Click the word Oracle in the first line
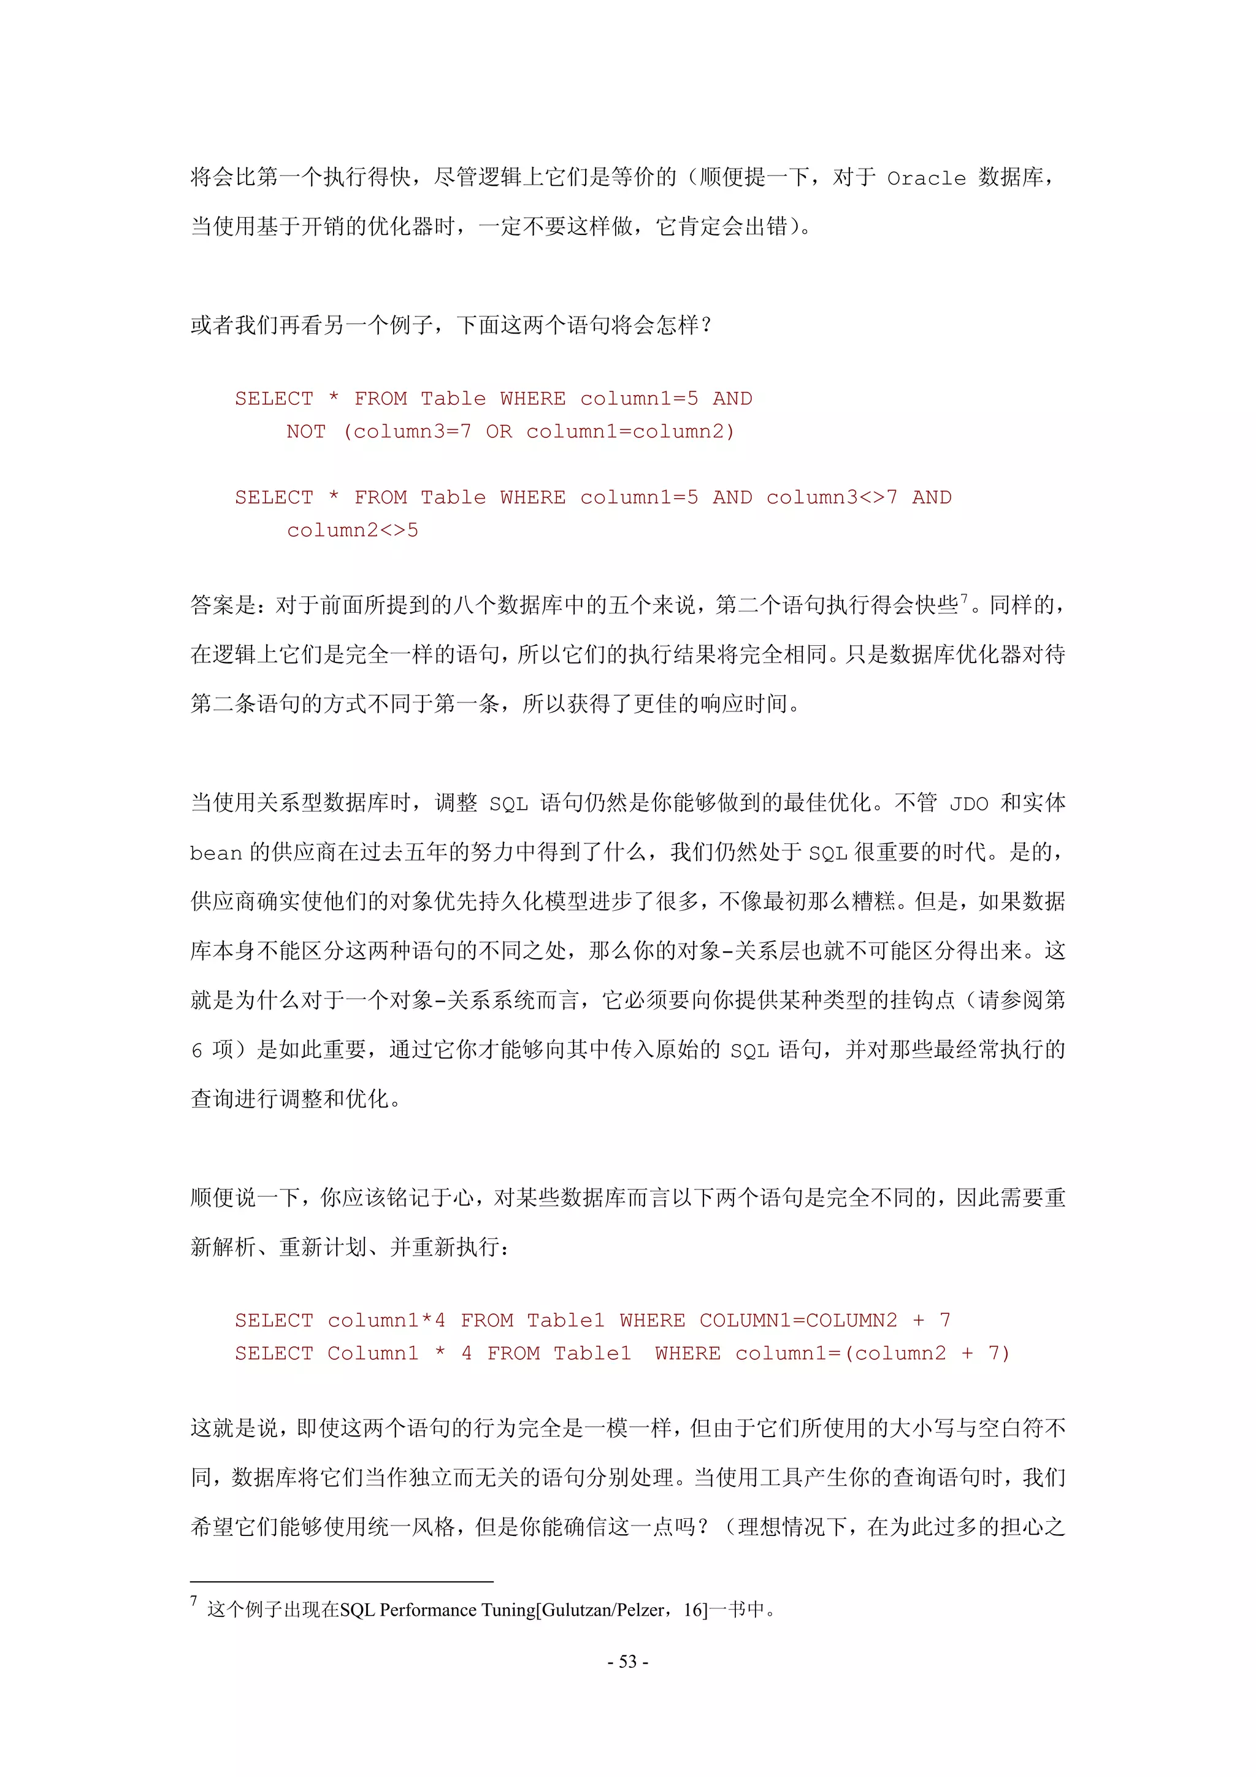pos(925,178)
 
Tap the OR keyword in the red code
pos(499,432)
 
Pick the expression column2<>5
pos(352,531)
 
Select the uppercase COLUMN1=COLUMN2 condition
pos(798,1321)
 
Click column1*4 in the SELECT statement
pos(386,1321)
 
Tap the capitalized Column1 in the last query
pos(372,1354)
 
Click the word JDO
pos(968,805)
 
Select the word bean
pos(216,854)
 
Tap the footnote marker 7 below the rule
pos(194,1600)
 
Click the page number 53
pos(627,1662)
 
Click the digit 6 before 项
pos(197,1051)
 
